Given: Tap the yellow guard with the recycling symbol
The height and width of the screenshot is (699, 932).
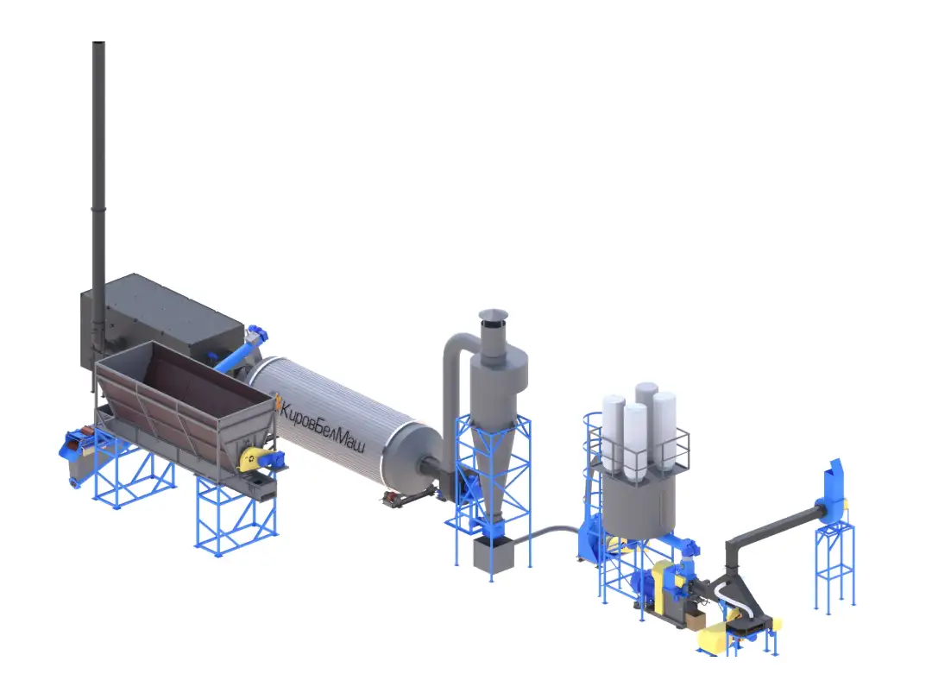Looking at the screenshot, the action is [x=250, y=459].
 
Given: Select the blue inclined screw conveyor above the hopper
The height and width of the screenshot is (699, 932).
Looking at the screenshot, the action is [x=242, y=350].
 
